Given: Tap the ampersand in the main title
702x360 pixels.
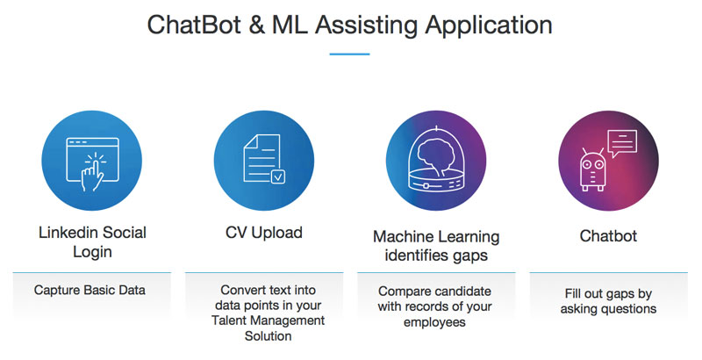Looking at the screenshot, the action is pos(255,25).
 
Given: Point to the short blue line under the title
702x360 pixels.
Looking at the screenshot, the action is pos(349,54).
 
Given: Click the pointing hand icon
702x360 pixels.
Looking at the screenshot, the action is pos(92,172).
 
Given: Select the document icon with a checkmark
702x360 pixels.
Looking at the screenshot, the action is pos(264,159).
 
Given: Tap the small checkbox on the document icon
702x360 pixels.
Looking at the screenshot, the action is pos(277,176).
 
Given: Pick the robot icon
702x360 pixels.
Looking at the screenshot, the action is pos(593,169).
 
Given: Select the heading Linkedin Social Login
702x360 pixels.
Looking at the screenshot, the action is pos(92,242).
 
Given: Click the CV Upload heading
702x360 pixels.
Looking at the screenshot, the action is pos(264,233).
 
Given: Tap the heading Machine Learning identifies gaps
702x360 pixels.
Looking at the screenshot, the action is pos(436,246).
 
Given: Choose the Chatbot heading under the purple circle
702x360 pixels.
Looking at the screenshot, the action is pos(608,236).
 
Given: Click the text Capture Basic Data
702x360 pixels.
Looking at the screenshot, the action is pos(90,290).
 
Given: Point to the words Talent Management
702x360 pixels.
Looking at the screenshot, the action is pos(269,320).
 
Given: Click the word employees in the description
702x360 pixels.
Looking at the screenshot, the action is pos(434,322).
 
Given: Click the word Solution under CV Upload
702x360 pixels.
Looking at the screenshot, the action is pos(269,335).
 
